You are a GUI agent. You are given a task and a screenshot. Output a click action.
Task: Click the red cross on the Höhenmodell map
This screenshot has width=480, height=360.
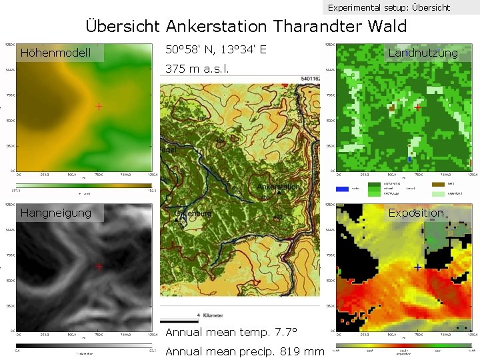click(99, 106)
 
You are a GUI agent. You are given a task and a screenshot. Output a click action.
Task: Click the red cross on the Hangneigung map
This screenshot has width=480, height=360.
click(99, 266)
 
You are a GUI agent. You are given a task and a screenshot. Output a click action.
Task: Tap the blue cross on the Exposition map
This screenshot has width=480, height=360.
click(417, 267)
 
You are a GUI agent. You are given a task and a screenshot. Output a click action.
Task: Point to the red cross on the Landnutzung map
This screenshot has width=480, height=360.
click(417, 107)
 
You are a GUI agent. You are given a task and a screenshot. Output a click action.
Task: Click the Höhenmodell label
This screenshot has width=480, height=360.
click(55, 53)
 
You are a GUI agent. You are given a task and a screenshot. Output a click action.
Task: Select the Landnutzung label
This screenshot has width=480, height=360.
click(423, 53)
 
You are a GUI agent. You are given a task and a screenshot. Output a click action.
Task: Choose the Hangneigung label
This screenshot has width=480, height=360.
click(56, 213)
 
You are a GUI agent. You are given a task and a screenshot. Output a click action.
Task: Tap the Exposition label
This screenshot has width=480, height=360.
click(416, 213)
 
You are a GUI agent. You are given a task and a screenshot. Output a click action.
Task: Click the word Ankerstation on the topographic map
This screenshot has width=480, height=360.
click(278, 187)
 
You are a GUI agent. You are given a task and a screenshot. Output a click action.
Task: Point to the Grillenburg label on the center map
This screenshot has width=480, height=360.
click(194, 213)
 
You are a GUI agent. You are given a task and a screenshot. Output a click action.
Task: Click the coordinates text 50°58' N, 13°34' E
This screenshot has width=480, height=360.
click(216, 49)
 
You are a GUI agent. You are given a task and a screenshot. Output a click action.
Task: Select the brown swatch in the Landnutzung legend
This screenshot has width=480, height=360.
click(438, 183)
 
